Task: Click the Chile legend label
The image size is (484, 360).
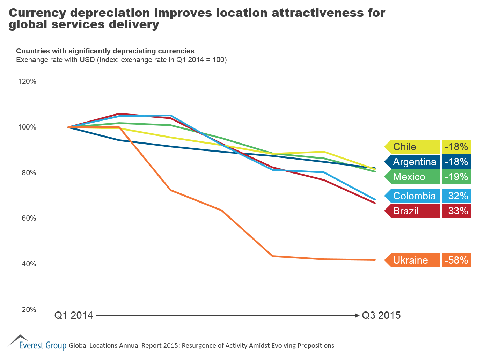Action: pyautogui.click(x=412, y=147)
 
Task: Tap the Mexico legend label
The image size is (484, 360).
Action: pyautogui.click(x=412, y=177)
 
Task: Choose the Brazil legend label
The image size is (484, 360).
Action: pyautogui.click(x=412, y=211)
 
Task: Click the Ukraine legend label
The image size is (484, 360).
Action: pyautogui.click(x=412, y=260)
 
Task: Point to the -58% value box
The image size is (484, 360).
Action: pyautogui.click(x=456, y=260)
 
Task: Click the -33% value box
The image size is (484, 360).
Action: pyautogui.click(x=456, y=211)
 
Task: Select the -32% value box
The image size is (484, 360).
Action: pyautogui.click(x=456, y=196)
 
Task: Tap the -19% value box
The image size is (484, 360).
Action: pyautogui.click(x=456, y=177)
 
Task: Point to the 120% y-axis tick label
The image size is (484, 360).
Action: pyautogui.click(x=27, y=81)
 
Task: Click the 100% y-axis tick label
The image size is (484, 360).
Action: pyautogui.click(x=27, y=127)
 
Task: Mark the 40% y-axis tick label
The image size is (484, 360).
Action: pyautogui.click(x=29, y=264)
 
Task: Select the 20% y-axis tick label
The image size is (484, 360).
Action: pyautogui.click(x=29, y=310)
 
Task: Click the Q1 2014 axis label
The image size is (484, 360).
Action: pyautogui.click(x=74, y=315)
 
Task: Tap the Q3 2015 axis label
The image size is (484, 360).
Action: pyautogui.click(x=381, y=315)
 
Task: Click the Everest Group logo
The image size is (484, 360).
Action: pyautogui.click(x=37, y=343)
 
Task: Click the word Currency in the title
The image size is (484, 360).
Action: pyautogui.click(x=37, y=13)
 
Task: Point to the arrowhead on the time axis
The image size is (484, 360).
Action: pyautogui.click(x=357, y=315)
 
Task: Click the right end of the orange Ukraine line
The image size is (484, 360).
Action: pyautogui.click(x=374, y=260)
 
